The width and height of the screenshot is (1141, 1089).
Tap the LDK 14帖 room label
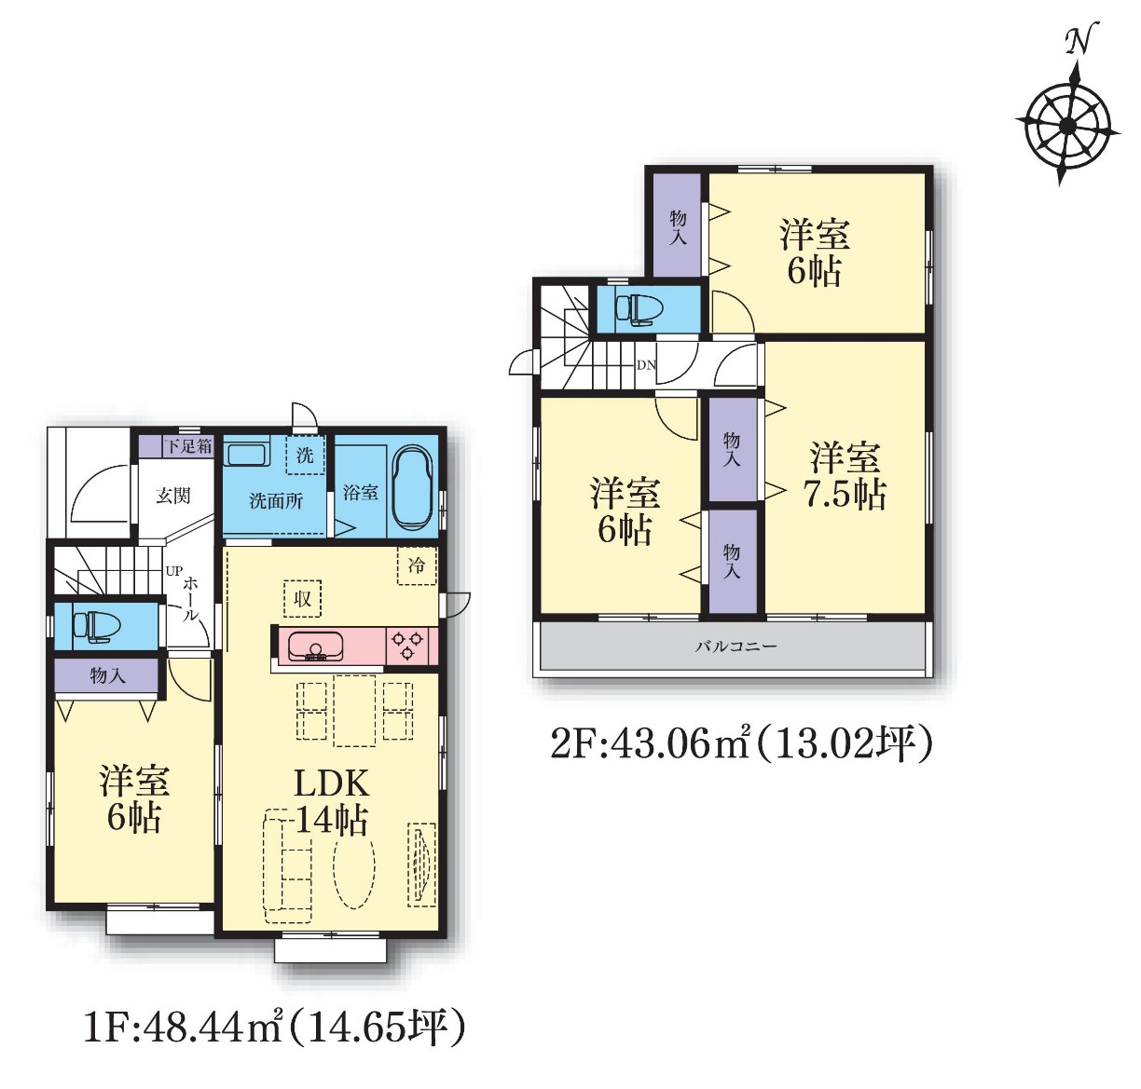(331, 802)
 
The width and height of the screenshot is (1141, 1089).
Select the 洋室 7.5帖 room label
(845, 476)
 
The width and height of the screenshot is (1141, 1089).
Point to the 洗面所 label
(276, 501)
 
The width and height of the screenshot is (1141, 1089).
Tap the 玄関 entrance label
(173, 496)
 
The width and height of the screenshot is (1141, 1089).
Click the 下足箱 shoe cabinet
(176, 446)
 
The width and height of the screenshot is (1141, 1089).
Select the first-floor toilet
(96, 624)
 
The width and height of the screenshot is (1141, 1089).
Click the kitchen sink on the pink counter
(316, 647)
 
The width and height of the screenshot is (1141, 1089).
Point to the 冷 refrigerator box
(417, 565)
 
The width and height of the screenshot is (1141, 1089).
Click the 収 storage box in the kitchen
(303, 599)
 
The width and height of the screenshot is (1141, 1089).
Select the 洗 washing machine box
(305, 455)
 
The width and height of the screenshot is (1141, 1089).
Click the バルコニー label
(736, 647)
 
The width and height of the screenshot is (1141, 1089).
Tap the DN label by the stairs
(646, 365)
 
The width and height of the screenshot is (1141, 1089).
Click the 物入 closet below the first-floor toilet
(106, 676)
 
